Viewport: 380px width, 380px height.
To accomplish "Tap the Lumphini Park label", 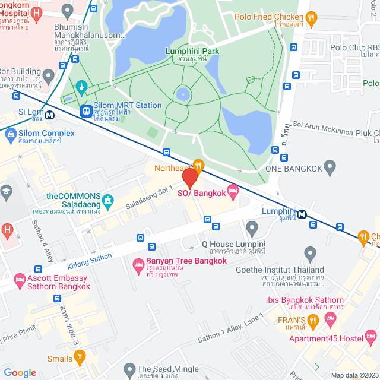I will [x=192, y=51].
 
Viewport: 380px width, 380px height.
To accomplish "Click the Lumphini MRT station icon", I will [x=302, y=214].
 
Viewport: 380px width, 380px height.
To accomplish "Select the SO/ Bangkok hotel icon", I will [x=232, y=192].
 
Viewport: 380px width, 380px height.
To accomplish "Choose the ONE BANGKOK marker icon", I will [x=331, y=169].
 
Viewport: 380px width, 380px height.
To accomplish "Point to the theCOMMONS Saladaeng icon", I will [x=107, y=202].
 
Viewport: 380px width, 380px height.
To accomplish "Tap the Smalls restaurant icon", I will [x=81, y=357].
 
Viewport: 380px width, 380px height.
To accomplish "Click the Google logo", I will [x=20, y=372].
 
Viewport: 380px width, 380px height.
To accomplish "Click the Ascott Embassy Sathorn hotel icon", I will [x=20, y=279].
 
